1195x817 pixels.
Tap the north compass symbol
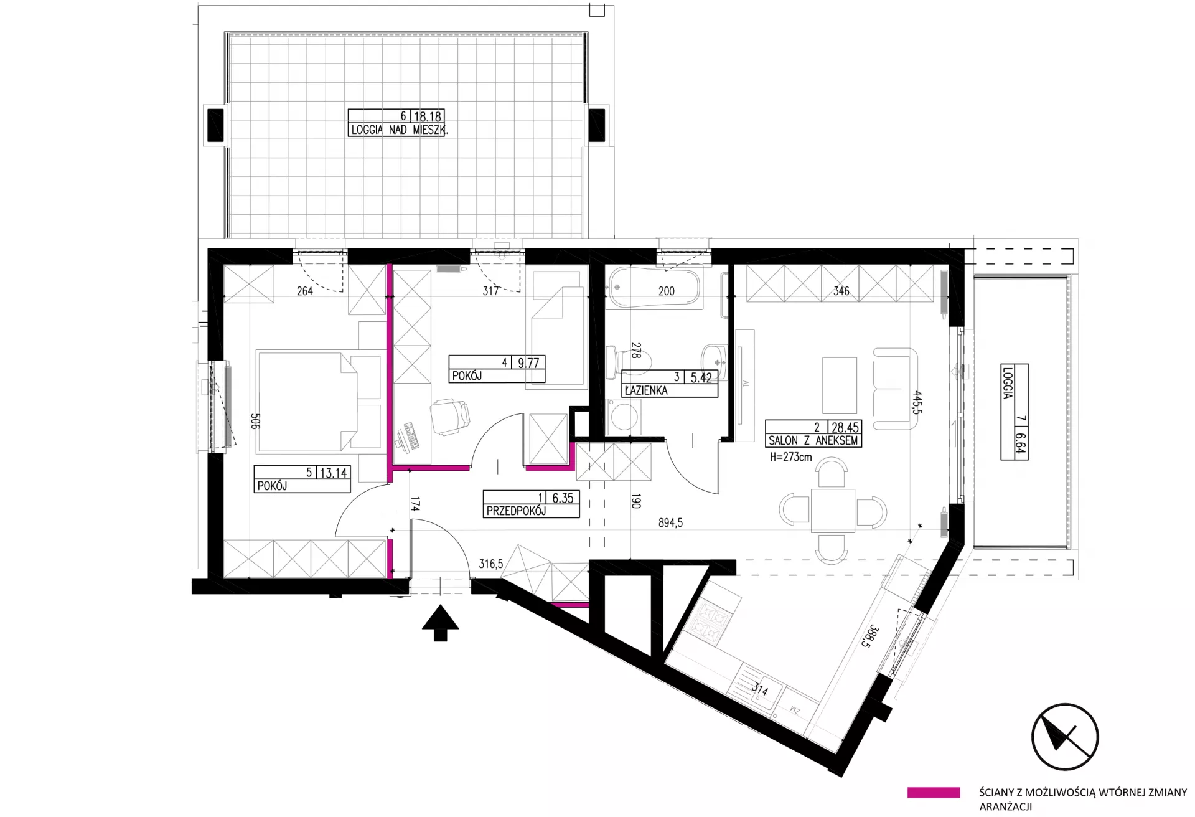(x=1065, y=737)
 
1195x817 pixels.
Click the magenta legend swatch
(x=934, y=793)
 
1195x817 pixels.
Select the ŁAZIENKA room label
(x=646, y=390)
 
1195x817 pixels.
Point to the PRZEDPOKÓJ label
(x=516, y=511)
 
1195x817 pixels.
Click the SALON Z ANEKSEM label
(x=813, y=440)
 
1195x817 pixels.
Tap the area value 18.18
(x=428, y=116)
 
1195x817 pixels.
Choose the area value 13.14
(x=333, y=473)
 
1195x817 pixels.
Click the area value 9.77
(x=528, y=362)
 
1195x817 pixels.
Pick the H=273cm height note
(x=790, y=456)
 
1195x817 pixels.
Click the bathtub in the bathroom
(x=654, y=288)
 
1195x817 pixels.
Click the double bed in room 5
(x=319, y=401)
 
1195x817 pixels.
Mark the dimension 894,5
(x=670, y=523)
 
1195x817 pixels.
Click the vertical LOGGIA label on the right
(x=1008, y=382)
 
